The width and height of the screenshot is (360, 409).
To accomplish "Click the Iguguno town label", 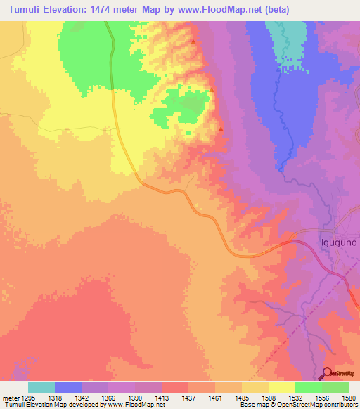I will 338,241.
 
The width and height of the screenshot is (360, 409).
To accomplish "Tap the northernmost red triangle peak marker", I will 193,42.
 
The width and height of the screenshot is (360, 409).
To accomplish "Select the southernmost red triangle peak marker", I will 221,129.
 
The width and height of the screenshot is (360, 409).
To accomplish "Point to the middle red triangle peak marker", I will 211,89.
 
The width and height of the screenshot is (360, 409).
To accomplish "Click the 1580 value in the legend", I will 348,397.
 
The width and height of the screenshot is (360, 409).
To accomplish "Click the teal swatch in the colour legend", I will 41,387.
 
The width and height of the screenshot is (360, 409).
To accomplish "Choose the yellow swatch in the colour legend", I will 281,387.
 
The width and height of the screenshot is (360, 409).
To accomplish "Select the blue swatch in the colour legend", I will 68,387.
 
